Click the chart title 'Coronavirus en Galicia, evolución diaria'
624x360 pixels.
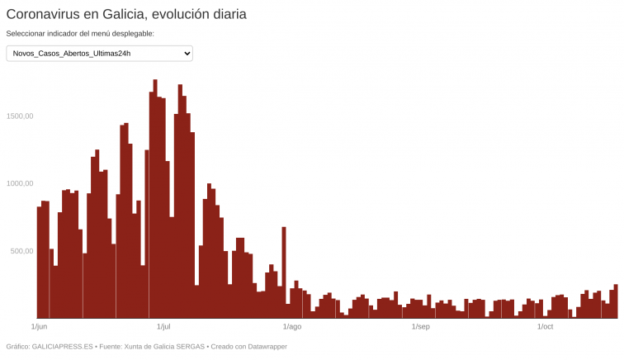tap(126, 14)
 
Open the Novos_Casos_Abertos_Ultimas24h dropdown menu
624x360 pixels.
tap(99, 54)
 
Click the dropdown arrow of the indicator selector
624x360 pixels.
tap(187, 54)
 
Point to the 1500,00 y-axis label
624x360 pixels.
tap(19, 116)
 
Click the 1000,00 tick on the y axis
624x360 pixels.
tap(19, 183)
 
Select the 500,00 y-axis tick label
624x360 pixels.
tap(21, 251)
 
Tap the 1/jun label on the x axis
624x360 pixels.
tap(39, 327)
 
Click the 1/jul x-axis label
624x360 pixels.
tap(163, 327)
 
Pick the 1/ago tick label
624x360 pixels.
tap(292, 327)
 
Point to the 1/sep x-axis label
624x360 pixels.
tap(420, 327)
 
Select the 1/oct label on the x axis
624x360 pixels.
tap(545, 327)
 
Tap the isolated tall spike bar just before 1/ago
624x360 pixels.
tap(284, 272)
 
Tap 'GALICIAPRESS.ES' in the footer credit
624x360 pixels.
tap(62, 347)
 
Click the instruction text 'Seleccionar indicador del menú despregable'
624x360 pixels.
tap(80, 34)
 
